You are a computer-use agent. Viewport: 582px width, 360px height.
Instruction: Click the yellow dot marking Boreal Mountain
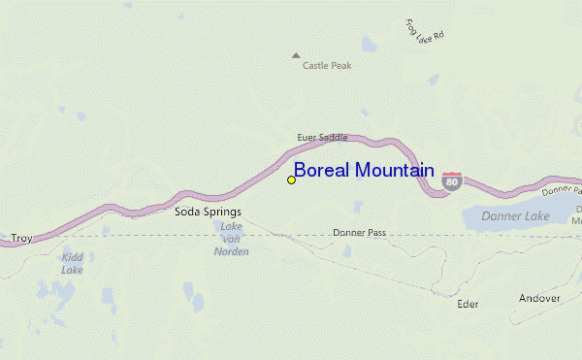click(291, 180)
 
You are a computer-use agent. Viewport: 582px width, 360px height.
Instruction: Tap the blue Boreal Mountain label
click(364, 171)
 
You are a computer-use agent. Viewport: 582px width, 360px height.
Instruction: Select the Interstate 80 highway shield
click(451, 180)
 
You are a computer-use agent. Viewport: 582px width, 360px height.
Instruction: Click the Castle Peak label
click(327, 66)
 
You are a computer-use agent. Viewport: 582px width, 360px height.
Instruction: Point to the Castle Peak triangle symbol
click(296, 55)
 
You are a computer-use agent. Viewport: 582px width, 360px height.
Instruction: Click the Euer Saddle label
click(322, 138)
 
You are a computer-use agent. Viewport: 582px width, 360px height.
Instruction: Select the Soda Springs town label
click(208, 211)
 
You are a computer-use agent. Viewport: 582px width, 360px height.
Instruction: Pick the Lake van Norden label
click(231, 239)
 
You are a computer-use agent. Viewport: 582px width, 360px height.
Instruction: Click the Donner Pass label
click(360, 233)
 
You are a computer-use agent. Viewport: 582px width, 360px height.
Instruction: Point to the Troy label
click(21, 238)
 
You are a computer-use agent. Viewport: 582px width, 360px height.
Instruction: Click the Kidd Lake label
click(72, 263)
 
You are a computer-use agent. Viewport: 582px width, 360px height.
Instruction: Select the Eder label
click(468, 304)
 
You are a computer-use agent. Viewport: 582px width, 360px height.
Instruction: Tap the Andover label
click(539, 298)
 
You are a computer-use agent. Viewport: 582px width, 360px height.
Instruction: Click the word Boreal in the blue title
click(321, 171)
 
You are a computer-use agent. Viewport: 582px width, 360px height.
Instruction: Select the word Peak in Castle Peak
click(340, 66)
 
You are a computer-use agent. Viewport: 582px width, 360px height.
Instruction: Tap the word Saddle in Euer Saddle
click(332, 138)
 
